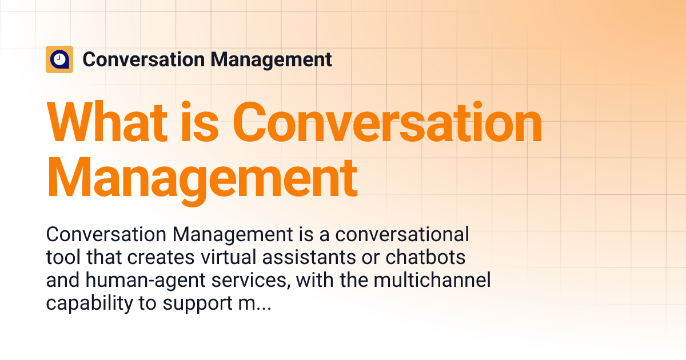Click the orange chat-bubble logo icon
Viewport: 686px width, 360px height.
(59, 59)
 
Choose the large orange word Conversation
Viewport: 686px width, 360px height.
(388, 123)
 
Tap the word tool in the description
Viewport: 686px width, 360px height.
(63, 258)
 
